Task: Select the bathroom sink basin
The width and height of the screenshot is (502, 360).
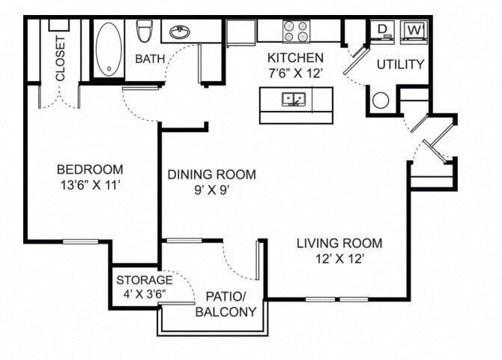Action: (179, 32)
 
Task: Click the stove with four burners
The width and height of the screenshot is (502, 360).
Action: (296, 31)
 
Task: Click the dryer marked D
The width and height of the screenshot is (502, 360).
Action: (382, 31)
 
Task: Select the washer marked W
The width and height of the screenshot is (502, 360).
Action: (414, 31)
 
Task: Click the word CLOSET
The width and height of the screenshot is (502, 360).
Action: (60, 58)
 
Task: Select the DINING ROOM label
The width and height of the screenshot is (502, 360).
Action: (211, 175)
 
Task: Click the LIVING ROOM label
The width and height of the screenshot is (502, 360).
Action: (339, 243)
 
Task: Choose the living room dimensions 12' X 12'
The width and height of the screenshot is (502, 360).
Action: (339, 259)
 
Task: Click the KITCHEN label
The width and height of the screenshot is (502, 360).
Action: (296, 58)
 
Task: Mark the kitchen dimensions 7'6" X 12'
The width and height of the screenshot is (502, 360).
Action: (296, 73)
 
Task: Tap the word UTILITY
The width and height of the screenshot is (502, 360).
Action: (400, 64)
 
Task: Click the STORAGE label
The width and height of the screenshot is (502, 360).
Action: (144, 280)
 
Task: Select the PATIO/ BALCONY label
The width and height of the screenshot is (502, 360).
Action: (226, 303)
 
